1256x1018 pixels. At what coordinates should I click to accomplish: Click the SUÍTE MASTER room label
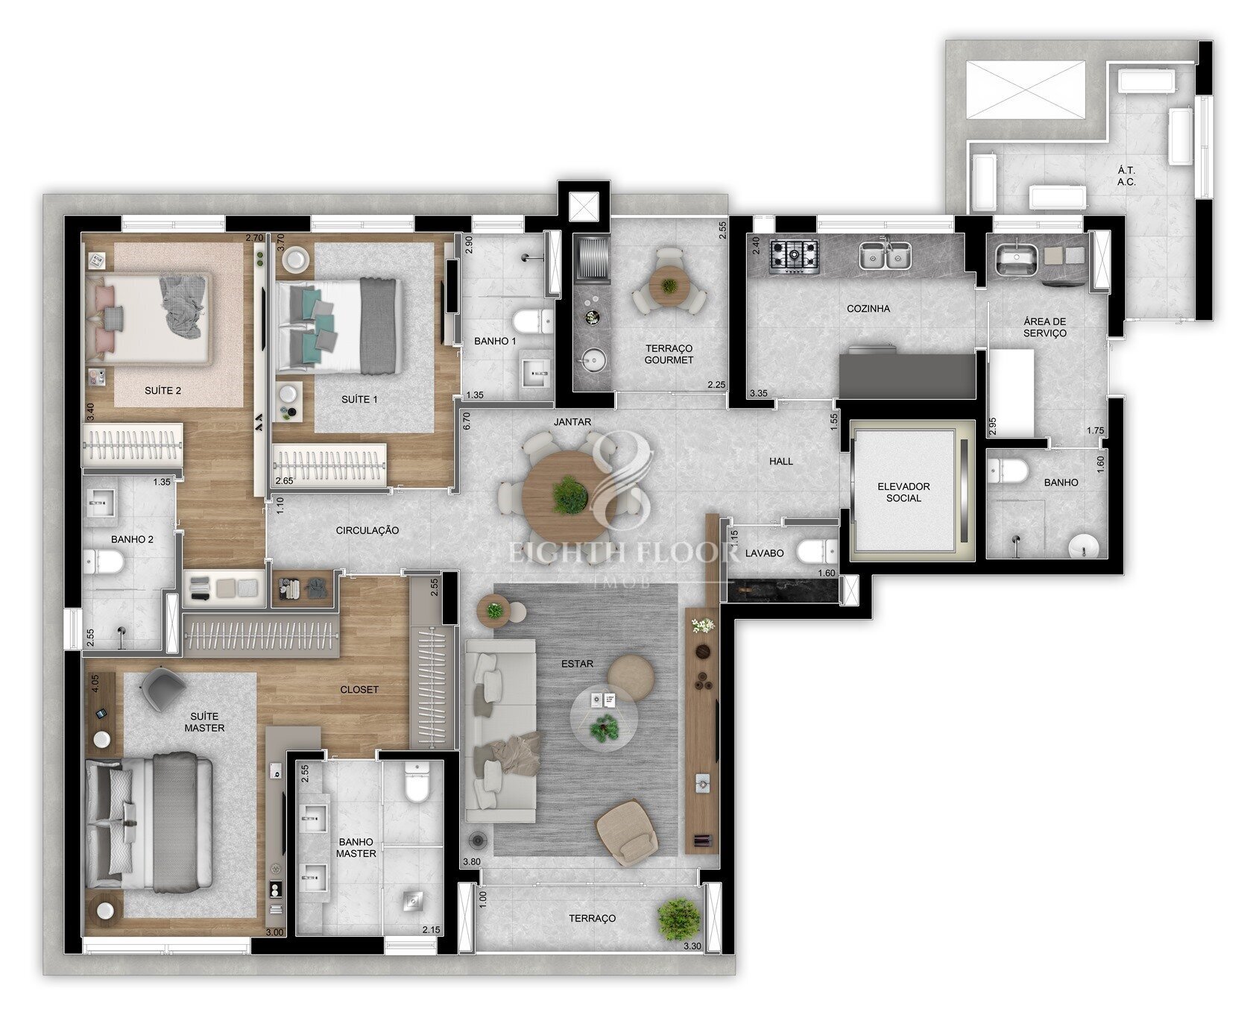click(204, 722)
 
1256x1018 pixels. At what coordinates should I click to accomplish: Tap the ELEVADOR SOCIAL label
click(903, 492)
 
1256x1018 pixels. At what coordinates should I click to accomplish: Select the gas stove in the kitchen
click(795, 254)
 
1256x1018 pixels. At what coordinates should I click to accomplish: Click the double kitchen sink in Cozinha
click(885, 256)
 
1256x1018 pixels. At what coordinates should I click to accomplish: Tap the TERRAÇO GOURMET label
click(669, 354)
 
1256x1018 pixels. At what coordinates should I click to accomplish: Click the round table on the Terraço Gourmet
click(669, 286)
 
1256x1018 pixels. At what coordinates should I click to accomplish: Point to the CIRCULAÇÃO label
click(367, 530)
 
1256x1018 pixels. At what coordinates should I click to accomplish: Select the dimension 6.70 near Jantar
click(467, 421)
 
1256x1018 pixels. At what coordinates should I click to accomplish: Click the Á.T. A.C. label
click(1126, 176)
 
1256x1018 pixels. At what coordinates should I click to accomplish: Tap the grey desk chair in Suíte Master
click(162, 689)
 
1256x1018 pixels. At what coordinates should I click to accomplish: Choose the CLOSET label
click(359, 690)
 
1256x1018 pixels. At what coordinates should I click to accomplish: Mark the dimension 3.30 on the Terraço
click(692, 946)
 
